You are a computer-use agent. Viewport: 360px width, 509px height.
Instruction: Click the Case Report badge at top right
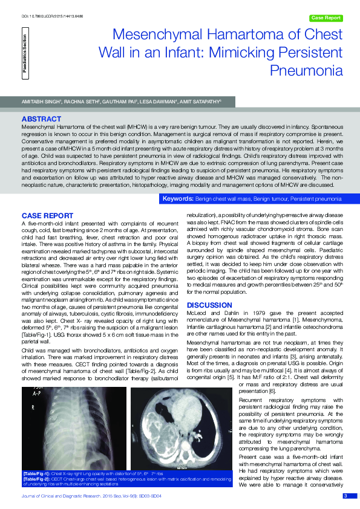pos(326,18)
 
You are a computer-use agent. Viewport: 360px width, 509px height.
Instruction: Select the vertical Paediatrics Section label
pos(25,54)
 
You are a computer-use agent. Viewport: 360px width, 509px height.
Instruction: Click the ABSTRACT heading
pos(41,118)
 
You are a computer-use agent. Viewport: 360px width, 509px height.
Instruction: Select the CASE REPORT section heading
pos(48,216)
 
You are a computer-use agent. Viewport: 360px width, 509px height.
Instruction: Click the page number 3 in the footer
pos(345,496)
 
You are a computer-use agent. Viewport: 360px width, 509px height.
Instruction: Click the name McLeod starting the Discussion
pos(195,312)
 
